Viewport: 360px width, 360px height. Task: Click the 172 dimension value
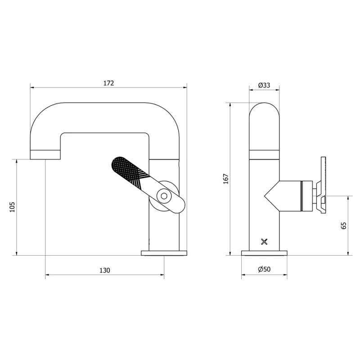108,83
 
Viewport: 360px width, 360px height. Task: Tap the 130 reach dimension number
104,270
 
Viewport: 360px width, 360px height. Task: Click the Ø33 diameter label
264,85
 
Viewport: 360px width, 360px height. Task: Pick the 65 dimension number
344,225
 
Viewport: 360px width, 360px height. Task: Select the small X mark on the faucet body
264,242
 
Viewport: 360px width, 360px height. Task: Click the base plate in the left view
164,253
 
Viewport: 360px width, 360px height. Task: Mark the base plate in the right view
264,253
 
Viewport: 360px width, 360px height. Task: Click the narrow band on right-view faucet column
264,154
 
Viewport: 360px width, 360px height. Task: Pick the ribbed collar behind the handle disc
307,195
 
